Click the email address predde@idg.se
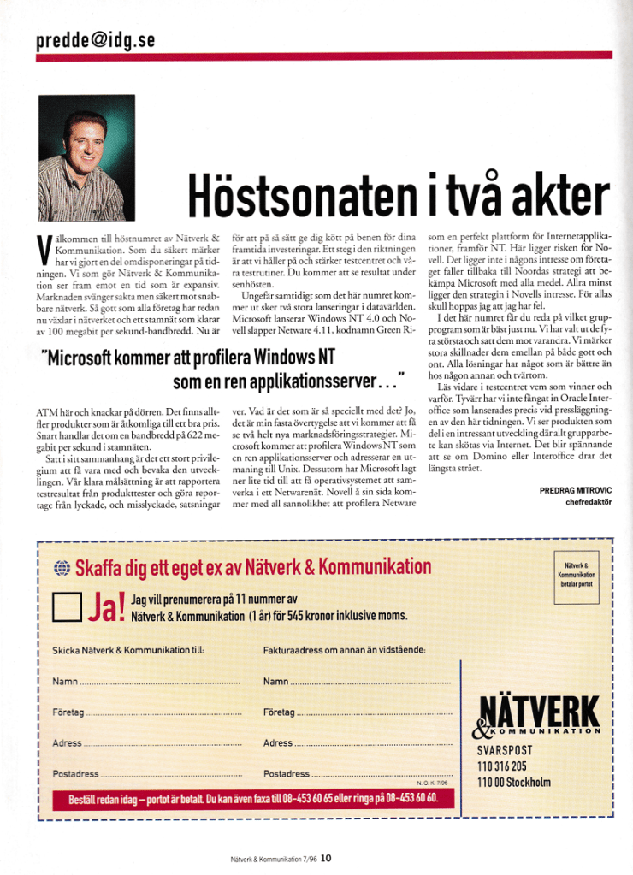[96, 40]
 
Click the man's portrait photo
[87, 158]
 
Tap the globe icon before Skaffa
[60, 567]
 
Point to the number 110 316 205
[502, 766]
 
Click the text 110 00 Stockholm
[514, 781]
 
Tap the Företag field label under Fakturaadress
[279, 712]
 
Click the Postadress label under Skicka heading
[75, 773]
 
